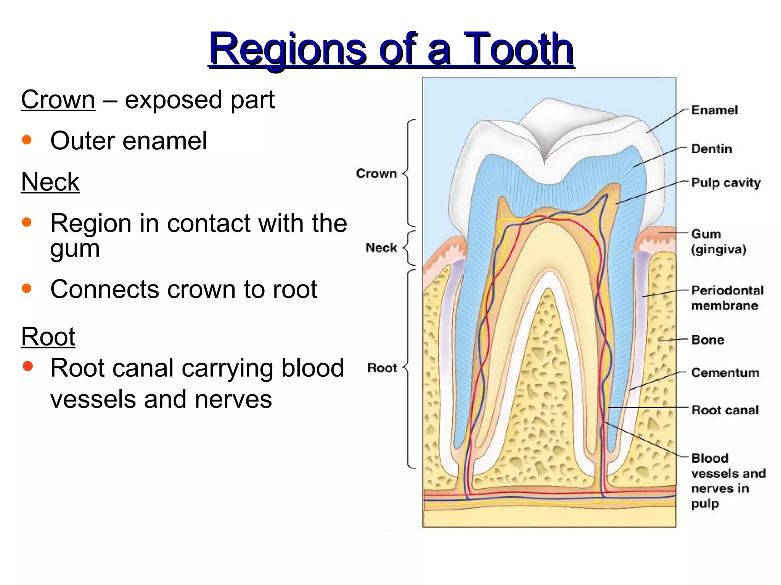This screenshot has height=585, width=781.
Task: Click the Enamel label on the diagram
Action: tap(714, 110)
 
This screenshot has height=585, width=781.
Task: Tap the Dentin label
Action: tap(712, 149)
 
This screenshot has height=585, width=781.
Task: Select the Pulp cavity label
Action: tap(726, 183)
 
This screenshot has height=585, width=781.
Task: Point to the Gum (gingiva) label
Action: tap(718, 241)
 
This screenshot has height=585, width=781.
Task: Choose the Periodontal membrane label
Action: tap(727, 298)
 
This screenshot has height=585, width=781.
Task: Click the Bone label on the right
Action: tap(707, 340)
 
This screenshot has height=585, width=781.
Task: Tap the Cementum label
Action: tap(725, 372)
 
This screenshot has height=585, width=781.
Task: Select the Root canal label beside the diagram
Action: tap(725, 410)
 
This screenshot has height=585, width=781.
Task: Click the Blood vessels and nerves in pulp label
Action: tap(728, 481)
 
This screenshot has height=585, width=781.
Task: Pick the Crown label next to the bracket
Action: tap(376, 174)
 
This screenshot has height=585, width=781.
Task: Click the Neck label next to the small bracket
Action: tap(381, 248)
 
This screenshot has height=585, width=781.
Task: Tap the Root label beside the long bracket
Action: tap(382, 368)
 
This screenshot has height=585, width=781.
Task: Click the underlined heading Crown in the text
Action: tap(58, 100)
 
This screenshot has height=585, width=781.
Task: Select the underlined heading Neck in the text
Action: tap(50, 182)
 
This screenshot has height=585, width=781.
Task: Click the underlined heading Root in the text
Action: tap(48, 337)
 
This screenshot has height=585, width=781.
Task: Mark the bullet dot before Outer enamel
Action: tap(27, 140)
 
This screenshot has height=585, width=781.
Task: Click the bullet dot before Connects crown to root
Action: tap(27, 288)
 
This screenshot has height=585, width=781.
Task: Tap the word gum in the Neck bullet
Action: tap(75, 249)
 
